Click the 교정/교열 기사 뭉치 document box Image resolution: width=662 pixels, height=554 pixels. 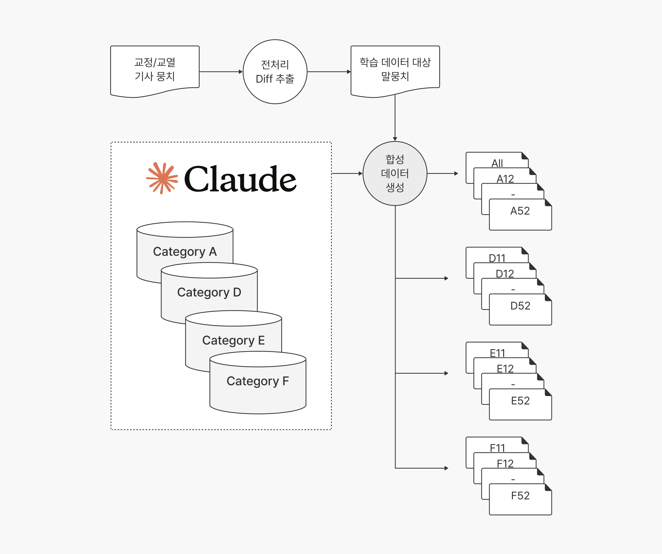[x=155, y=71]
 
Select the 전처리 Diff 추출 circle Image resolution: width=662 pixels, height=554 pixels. [x=275, y=72]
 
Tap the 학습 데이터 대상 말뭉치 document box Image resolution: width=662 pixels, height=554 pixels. [x=395, y=71]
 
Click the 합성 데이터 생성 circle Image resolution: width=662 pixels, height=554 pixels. [x=395, y=173]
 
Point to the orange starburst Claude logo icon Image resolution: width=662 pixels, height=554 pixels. [x=162, y=178]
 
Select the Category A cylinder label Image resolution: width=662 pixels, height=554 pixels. [x=185, y=252]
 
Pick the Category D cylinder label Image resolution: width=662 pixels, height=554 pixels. [x=209, y=292]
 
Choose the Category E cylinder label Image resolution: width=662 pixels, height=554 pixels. [x=233, y=341]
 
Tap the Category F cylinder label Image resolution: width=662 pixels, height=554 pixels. [x=258, y=381]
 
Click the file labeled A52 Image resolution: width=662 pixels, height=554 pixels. [x=520, y=215]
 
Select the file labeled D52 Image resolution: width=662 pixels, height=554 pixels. [x=520, y=309]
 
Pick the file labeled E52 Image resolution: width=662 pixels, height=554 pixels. [x=520, y=404]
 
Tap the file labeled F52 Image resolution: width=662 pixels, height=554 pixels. [x=520, y=499]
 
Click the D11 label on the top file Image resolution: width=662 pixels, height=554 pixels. [x=497, y=258]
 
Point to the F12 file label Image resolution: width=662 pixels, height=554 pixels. [x=505, y=464]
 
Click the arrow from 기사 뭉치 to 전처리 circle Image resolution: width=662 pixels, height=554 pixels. [x=221, y=72]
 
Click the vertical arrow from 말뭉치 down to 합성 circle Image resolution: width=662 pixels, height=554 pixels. [x=395, y=118]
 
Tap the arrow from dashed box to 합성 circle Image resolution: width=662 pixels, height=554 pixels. [x=347, y=173]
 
